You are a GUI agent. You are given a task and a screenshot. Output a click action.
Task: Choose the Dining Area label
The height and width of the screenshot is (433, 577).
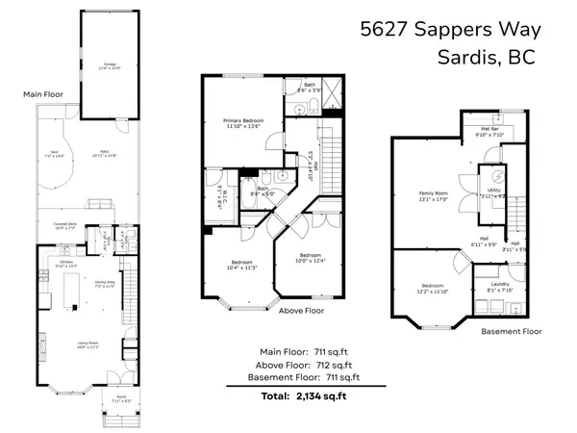pos(103,284)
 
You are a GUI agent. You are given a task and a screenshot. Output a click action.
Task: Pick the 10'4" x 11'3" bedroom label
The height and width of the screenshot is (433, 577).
pos(241,266)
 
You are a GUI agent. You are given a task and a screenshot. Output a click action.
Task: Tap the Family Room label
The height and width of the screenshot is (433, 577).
pos(434,195)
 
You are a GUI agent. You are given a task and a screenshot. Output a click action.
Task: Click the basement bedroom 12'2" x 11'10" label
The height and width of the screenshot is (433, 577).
pos(433,289)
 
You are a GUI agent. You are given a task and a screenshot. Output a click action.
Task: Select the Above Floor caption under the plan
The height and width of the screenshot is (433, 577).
pos(301,312)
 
